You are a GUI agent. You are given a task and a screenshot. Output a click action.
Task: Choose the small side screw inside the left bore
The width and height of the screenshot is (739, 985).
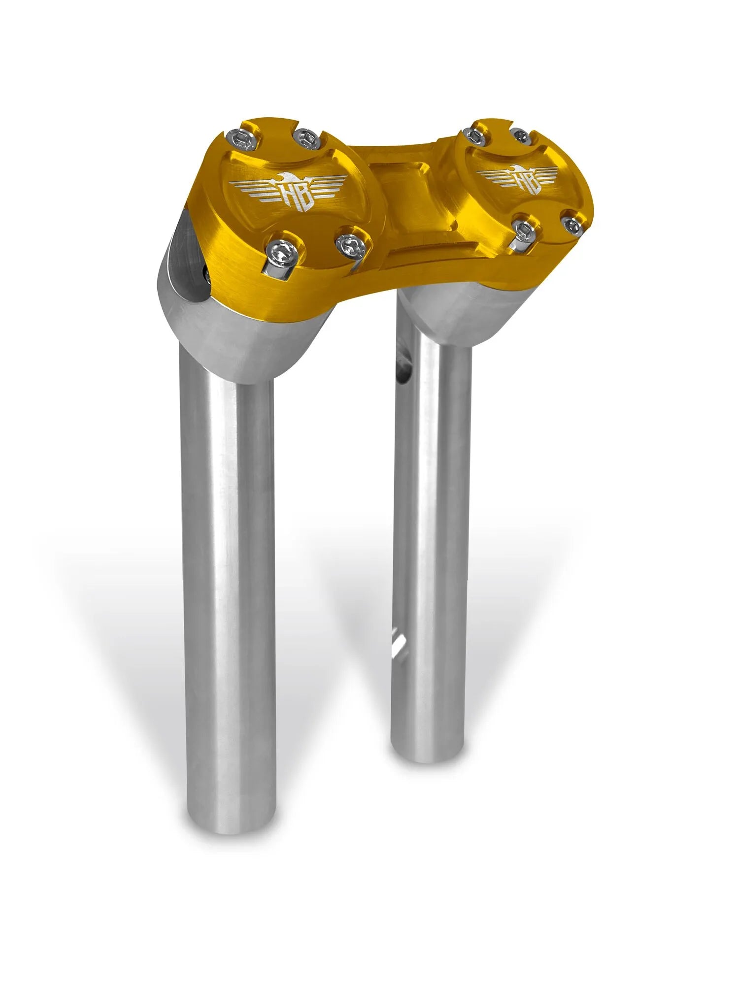(x=207, y=276)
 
